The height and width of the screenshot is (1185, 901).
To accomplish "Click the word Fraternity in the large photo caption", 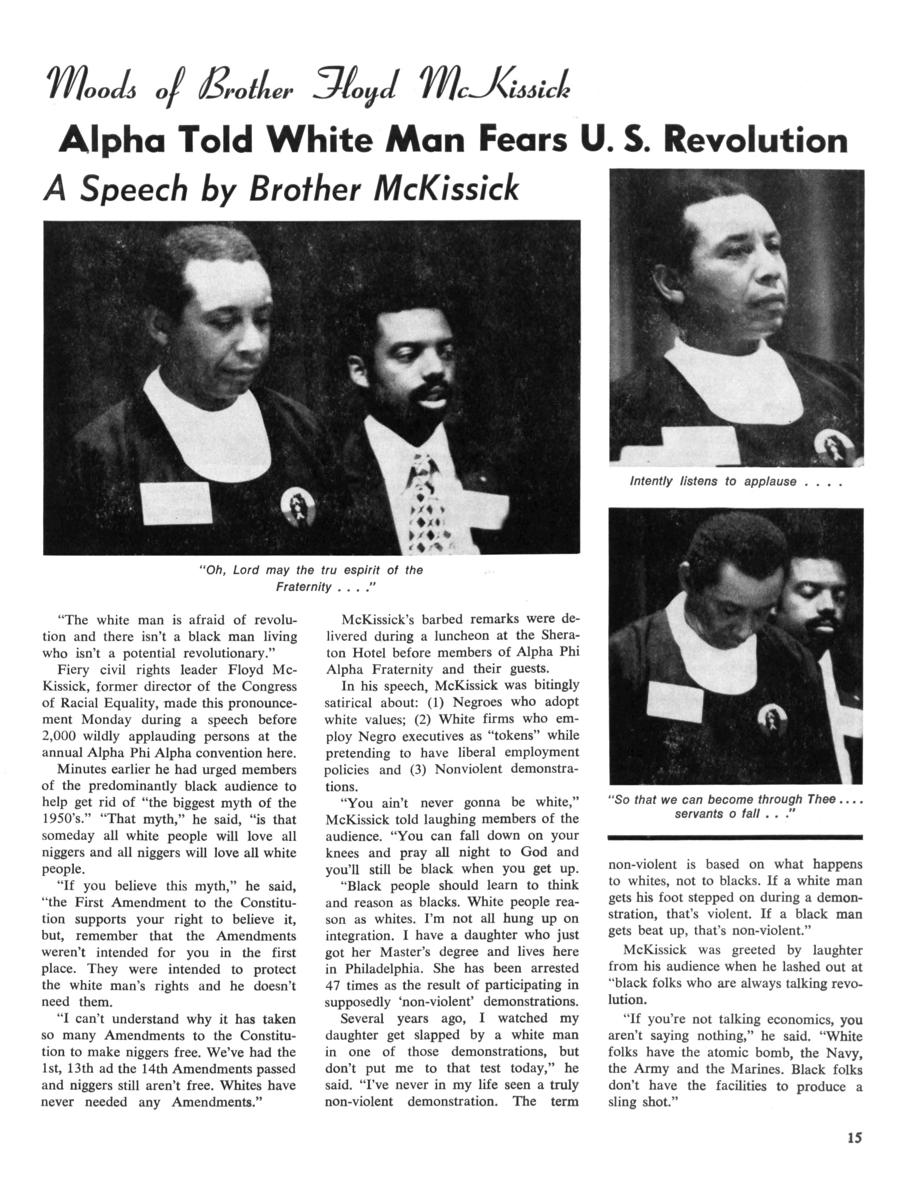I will click(x=303, y=587).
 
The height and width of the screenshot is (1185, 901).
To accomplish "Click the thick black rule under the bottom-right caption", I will click(x=735, y=837).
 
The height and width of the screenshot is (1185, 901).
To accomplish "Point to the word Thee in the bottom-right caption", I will click(x=821, y=799).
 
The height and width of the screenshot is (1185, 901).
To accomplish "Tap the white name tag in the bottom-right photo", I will click(x=675, y=703).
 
